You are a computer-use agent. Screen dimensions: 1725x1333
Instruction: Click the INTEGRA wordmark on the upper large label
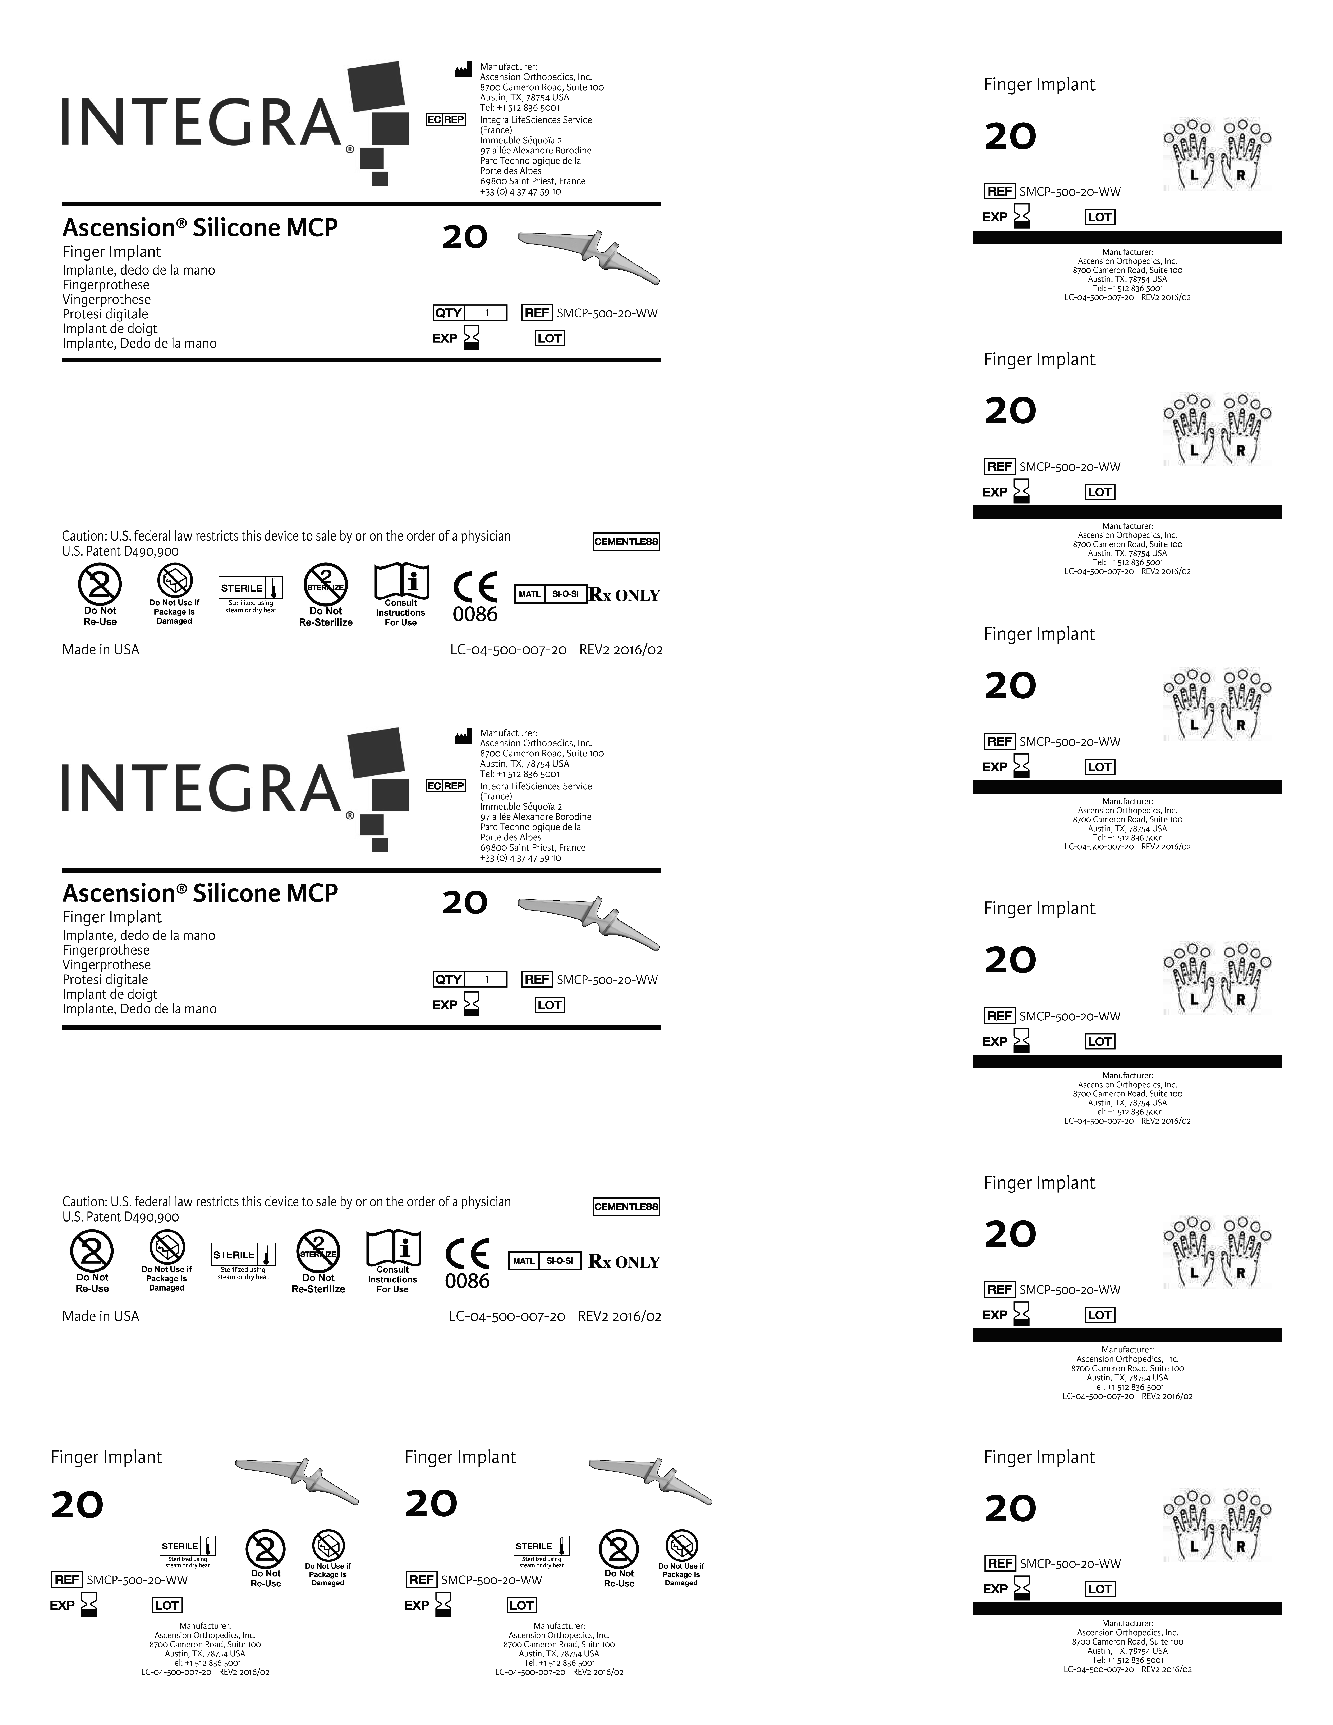coord(201,123)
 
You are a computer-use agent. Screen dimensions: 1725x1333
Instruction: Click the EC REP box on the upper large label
coord(445,119)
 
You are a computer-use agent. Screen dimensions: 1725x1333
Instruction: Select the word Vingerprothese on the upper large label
coord(107,299)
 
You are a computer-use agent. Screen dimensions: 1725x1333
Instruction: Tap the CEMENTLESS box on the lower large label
coord(626,1207)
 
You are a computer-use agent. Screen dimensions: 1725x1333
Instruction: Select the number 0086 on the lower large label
coord(468,1281)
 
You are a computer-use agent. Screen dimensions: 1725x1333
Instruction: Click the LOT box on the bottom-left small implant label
coord(167,1605)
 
